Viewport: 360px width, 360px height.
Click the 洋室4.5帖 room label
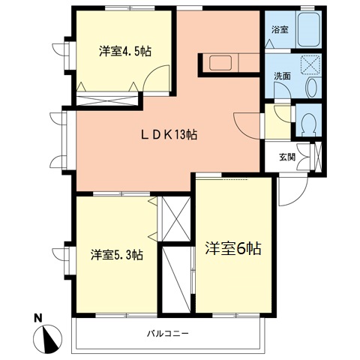(125, 52)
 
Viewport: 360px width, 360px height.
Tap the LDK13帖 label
(169, 135)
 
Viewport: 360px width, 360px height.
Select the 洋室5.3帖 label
(117, 255)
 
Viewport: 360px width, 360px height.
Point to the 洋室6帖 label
(233, 248)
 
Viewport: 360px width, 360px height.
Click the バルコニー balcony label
(167, 333)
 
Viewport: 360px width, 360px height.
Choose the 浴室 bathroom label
(280, 30)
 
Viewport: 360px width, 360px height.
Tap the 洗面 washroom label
(282, 76)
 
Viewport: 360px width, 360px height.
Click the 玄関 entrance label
(287, 157)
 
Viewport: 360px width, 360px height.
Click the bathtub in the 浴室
(309, 29)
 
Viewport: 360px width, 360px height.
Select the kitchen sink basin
(220, 63)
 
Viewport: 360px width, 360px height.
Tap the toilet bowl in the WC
(309, 123)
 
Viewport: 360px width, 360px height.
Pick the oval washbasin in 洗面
(312, 88)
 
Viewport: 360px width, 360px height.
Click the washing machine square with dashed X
(310, 64)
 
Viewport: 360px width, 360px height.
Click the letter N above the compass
(38, 318)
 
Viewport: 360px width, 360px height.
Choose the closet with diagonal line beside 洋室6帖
(176, 280)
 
